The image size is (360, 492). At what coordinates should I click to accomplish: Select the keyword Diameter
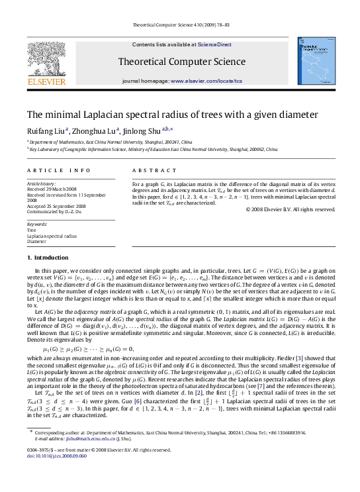[x=36, y=241]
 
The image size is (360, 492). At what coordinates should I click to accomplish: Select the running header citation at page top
[x=180, y=26]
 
